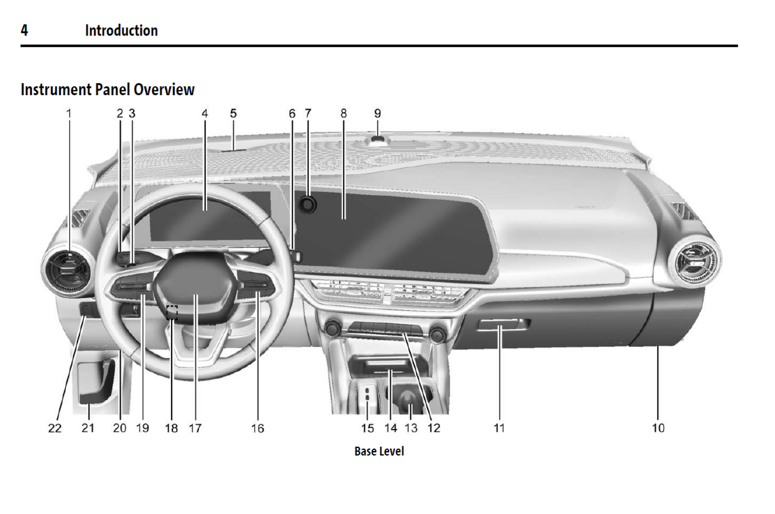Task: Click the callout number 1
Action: pos(69,114)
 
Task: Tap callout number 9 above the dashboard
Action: pos(378,114)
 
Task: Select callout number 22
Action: pos(55,428)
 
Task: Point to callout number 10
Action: pos(658,428)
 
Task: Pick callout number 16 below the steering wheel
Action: pos(257,428)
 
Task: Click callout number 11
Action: pos(499,428)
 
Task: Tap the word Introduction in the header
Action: pos(121,31)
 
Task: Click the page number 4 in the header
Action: pos(24,31)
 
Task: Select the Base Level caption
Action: pos(379,451)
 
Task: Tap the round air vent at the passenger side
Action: pos(695,261)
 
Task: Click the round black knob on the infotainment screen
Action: pos(307,204)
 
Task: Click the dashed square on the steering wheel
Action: pos(172,312)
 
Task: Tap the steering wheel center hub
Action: pos(195,285)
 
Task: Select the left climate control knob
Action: pos(332,329)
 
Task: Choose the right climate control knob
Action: pos(437,334)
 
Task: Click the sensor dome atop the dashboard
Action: pos(378,139)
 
